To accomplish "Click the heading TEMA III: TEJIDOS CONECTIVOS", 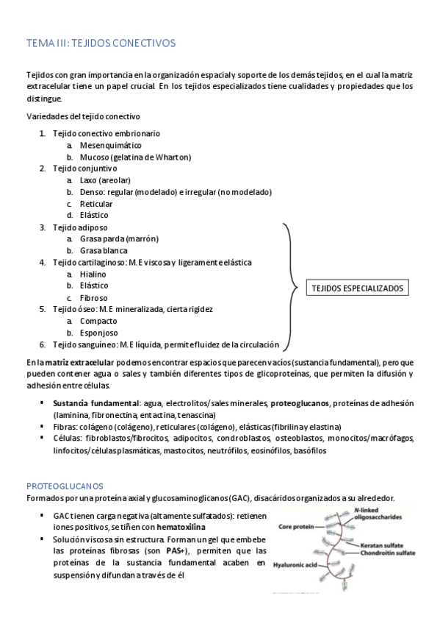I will coord(101,43).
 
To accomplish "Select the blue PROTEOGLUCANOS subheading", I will coord(65,486).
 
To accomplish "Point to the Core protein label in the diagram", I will coord(296,527).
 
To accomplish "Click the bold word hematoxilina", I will coord(181,527).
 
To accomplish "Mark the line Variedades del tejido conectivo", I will coord(83,116).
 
